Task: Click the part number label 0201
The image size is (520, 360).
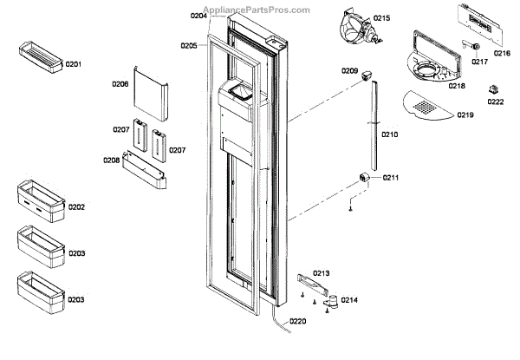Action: click(x=74, y=65)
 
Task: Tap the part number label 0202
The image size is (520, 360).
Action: click(x=75, y=207)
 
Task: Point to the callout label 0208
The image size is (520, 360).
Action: click(x=112, y=160)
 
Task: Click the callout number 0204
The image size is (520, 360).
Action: click(x=198, y=16)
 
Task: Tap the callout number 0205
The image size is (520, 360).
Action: click(x=189, y=46)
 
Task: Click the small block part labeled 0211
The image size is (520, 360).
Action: click(x=365, y=179)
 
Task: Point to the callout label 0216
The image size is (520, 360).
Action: click(x=502, y=53)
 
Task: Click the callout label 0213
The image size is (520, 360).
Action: click(x=322, y=272)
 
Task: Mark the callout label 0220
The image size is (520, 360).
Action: click(x=297, y=321)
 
